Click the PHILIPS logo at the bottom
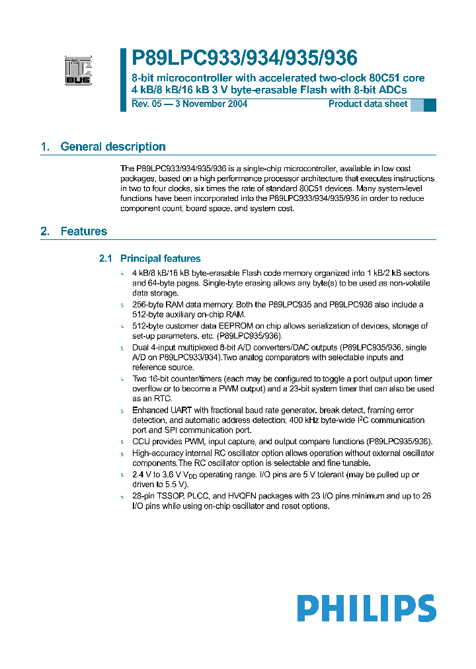366,608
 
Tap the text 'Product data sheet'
368,104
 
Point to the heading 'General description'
113,147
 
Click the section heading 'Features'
83,231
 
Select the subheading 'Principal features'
161,258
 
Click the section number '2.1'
106,258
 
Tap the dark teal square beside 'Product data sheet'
430,105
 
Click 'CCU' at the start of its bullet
141,442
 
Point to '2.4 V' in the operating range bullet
141,475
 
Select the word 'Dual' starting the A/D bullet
141,348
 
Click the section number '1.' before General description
45,147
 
